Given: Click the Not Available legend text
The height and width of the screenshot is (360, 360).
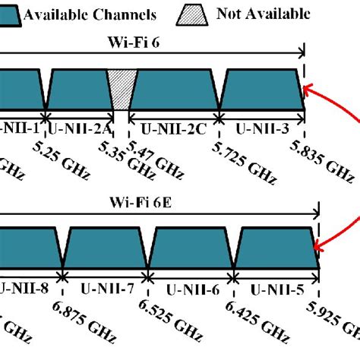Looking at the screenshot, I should pos(263,13).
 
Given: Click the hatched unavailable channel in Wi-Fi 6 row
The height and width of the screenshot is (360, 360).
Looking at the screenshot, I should pos(120,90).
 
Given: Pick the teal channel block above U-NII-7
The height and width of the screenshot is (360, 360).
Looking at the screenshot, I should pos(103,248).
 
